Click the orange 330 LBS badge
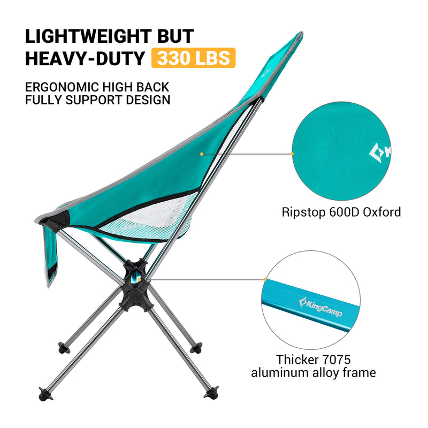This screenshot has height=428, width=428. click(x=193, y=57)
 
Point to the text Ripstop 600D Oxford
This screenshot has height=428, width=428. click(x=341, y=212)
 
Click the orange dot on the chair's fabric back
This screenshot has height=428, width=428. click(x=201, y=154)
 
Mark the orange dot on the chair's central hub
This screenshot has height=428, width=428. click(x=139, y=278)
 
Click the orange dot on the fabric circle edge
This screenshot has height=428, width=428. click(x=292, y=154)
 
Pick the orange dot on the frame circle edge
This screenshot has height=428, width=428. click(x=265, y=279)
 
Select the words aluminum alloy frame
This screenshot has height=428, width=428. click(x=314, y=373)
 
